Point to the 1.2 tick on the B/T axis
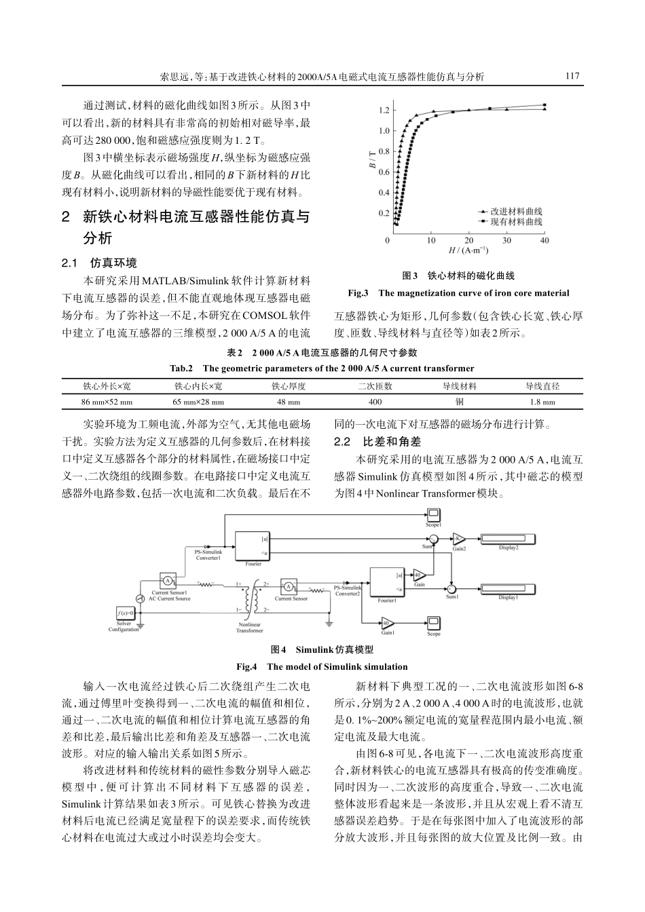click(x=384, y=110)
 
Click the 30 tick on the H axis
click(x=507, y=241)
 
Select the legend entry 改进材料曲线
click(x=515, y=212)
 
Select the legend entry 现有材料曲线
click(x=515, y=221)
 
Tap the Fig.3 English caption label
click(x=358, y=293)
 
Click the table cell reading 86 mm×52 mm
click(x=107, y=402)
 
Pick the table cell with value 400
click(x=375, y=402)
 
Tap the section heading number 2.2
click(x=342, y=442)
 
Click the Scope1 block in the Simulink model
click(x=433, y=517)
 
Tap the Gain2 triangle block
click(x=459, y=539)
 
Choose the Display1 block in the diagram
click(x=509, y=589)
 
